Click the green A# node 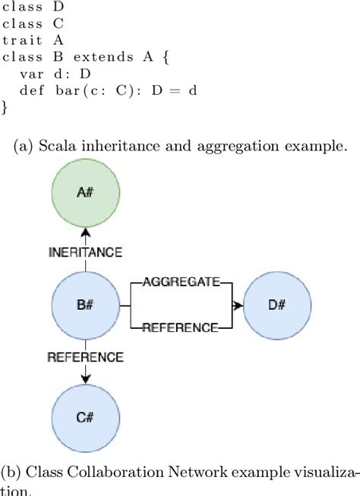86,193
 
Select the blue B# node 86,305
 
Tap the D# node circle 276,305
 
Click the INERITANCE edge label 86,251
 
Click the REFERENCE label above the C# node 85,356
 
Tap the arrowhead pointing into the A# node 86,231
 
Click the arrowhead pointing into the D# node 240,305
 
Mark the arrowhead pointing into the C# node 86,378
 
